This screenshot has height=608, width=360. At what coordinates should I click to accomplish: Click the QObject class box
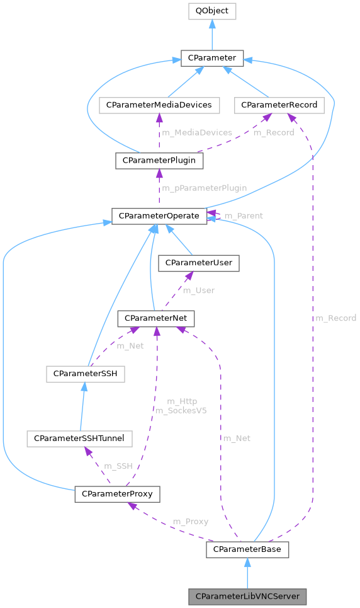[211, 11]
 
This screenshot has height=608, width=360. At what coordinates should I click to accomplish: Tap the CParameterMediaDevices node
[159, 105]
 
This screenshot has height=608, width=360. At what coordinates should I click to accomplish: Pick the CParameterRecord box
[279, 105]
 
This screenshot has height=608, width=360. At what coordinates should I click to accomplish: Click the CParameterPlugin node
[159, 161]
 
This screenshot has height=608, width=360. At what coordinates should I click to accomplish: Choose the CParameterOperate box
[159, 215]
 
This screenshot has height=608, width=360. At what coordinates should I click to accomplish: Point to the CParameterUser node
[199, 263]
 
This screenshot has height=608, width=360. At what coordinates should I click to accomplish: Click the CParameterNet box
[156, 319]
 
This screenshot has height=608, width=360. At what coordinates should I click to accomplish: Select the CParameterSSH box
[85, 374]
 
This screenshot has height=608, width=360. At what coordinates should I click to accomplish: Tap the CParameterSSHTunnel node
[79, 437]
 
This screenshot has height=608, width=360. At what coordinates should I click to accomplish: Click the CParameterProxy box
[117, 493]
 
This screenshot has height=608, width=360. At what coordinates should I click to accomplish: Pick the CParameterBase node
[247, 549]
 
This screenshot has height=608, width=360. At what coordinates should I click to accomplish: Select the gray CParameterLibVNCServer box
[247, 596]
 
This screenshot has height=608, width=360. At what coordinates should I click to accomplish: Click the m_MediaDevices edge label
[196, 133]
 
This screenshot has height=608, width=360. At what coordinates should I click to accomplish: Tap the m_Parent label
[244, 216]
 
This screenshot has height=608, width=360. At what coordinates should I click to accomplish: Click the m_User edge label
[198, 290]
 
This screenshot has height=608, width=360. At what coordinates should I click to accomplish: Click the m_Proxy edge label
[190, 522]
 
